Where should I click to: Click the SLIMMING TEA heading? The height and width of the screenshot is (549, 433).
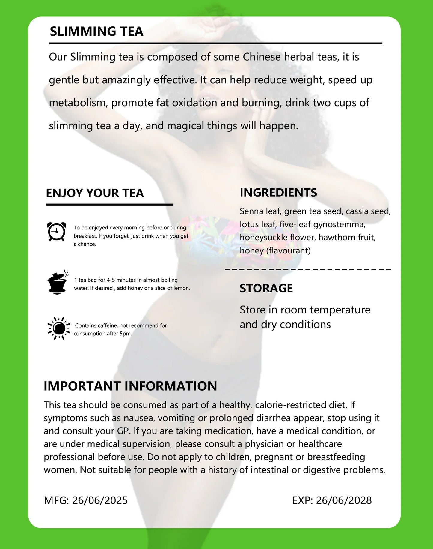(x=96, y=31)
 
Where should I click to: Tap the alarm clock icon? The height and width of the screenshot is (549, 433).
(x=56, y=231)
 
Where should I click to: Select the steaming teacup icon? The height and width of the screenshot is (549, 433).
(x=58, y=282)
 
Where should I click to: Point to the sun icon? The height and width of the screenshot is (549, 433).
(x=59, y=328)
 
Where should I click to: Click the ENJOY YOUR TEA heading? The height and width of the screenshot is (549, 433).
(x=95, y=193)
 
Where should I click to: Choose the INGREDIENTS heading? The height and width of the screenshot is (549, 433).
(x=278, y=193)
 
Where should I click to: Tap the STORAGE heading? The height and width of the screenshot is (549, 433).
(x=266, y=288)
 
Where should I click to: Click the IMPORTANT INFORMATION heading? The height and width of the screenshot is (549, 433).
(x=130, y=386)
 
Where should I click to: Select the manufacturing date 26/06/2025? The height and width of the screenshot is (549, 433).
(x=100, y=500)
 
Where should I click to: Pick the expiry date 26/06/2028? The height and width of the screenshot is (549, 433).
(x=344, y=500)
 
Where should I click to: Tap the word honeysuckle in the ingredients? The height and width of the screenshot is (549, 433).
(x=262, y=238)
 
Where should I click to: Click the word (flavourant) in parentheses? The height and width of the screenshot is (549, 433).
(x=288, y=250)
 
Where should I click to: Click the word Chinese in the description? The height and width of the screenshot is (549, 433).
(x=262, y=57)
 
